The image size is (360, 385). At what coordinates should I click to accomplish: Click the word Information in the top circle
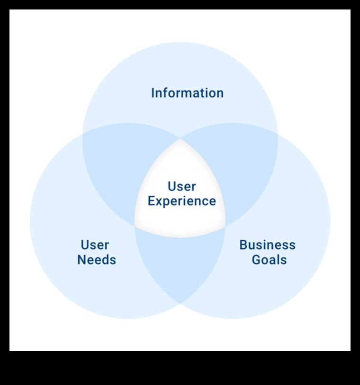pyautogui.click(x=187, y=93)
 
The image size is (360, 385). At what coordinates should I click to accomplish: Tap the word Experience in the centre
pyautogui.click(x=182, y=201)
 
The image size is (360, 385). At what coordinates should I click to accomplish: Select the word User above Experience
pyautogui.click(x=182, y=186)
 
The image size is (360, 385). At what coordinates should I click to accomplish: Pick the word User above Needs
pyautogui.click(x=95, y=245)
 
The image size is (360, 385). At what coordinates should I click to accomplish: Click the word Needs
pyautogui.click(x=97, y=260)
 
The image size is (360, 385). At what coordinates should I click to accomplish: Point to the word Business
pyautogui.click(x=267, y=245)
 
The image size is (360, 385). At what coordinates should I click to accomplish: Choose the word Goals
pyautogui.click(x=269, y=260)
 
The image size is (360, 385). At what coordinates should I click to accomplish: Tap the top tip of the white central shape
pyautogui.click(x=180, y=139)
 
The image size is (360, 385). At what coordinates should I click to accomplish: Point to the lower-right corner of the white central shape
pyautogui.click(x=225, y=226)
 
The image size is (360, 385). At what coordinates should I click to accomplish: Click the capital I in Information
pyautogui.click(x=153, y=93)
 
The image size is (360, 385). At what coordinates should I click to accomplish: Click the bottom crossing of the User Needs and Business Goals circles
pyautogui.click(x=180, y=303)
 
